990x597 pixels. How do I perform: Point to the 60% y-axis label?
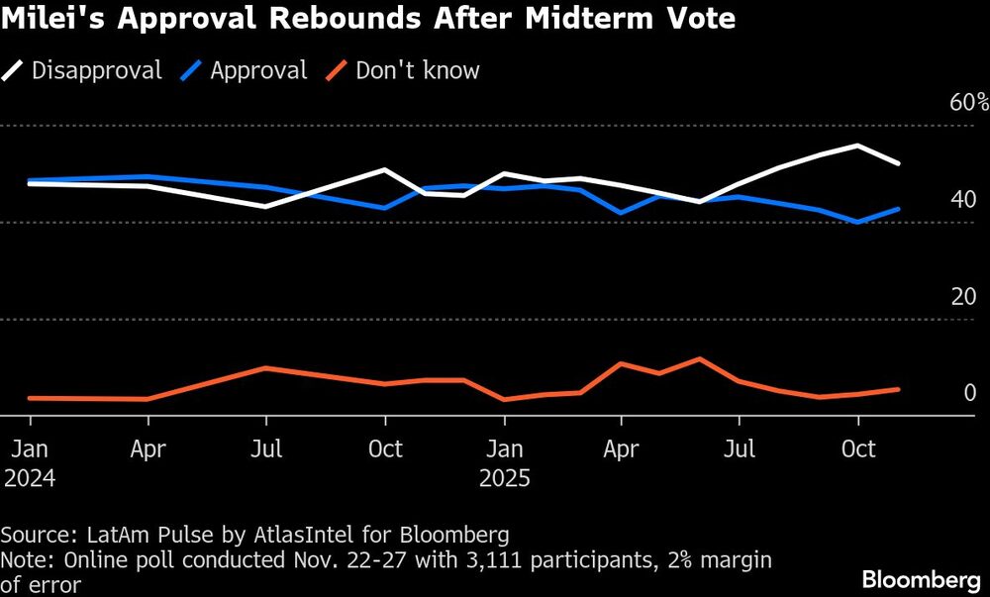click(x=967, y=103)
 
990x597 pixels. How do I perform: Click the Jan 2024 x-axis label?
click(x=29, y=462)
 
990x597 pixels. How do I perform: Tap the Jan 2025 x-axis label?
click(x=504, y=462)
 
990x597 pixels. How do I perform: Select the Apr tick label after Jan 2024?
click(x=148, y=448)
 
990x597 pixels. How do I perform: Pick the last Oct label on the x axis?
click(x=857, y=448)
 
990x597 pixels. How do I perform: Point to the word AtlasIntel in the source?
click(x=298, y=536)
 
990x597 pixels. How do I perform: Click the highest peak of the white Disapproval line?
click(x=857, y=146)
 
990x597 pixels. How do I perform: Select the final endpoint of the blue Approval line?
click(x=898, y=209)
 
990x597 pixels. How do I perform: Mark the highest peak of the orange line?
click(x=700, y=358)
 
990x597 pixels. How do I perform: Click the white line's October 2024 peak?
click(x=385, y=169)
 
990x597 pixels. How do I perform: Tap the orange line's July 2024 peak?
click(x=265, y=367)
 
